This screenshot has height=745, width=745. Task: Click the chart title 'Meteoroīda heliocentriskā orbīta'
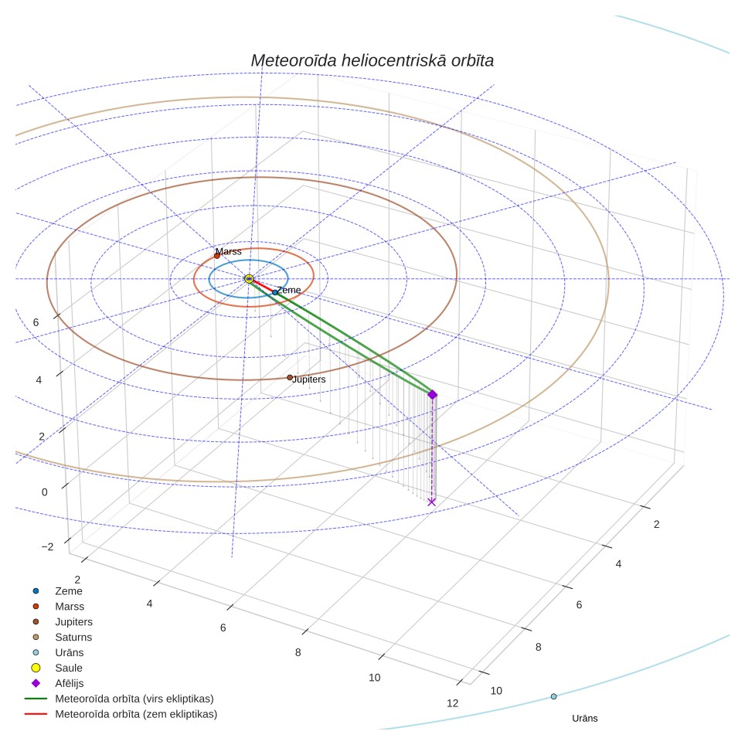tap(372, 61)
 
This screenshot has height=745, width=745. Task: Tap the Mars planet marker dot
tap(217, 256)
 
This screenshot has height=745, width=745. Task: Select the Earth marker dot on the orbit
tap(275, 292)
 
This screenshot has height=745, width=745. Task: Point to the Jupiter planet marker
tap(290, 378)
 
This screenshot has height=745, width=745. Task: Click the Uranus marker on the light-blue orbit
tap(553, 696)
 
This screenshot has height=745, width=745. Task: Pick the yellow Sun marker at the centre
tap(249, 279)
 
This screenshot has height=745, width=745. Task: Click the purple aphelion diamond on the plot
tap(432, 394)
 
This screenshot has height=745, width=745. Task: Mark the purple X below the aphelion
tap(431, 502)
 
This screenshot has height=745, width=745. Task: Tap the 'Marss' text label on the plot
tap(229, 251)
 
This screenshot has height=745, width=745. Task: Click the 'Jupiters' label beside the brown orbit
tap(309, 379)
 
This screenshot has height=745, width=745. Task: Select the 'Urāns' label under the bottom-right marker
tap(585, 719)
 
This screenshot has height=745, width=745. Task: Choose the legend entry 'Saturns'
tap(73, 637)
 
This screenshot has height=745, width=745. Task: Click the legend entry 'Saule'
tap(69, 668)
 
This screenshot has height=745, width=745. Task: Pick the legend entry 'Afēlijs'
tap(69, 683)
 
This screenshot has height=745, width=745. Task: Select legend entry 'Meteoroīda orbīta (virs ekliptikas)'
tap(134, 699)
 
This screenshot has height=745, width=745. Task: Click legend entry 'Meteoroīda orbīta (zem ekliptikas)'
tap(136, 714)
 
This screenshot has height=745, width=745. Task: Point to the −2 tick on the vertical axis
tap(47, 547)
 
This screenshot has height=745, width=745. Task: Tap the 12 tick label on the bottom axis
tap(452, 703)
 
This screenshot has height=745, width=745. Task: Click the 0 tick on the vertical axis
tap(45, 492)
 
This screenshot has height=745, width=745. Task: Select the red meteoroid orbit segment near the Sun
tap(262, 285)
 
